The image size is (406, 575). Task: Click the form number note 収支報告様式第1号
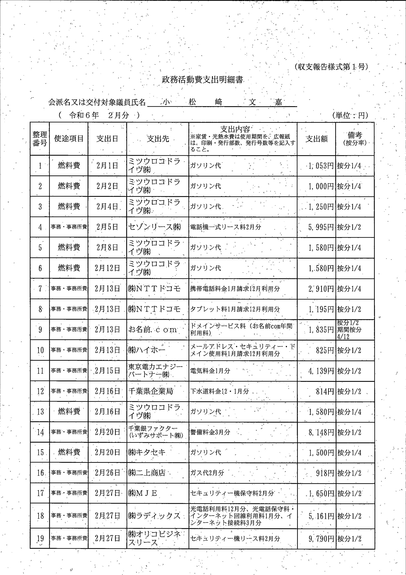(331, 67)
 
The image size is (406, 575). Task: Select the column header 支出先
(158, 139)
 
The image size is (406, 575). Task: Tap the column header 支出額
(316, 139)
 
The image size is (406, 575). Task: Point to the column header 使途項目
(69, 139)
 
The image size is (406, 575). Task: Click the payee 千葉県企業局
(151, 391)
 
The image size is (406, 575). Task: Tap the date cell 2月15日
(107, 371)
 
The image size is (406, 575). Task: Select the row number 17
(40, 493)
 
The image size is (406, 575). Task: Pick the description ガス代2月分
(207, 473)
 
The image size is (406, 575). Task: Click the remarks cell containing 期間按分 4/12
(349, 330)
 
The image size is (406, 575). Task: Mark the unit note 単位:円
(350, 115)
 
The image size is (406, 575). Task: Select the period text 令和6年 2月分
(99, 115)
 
